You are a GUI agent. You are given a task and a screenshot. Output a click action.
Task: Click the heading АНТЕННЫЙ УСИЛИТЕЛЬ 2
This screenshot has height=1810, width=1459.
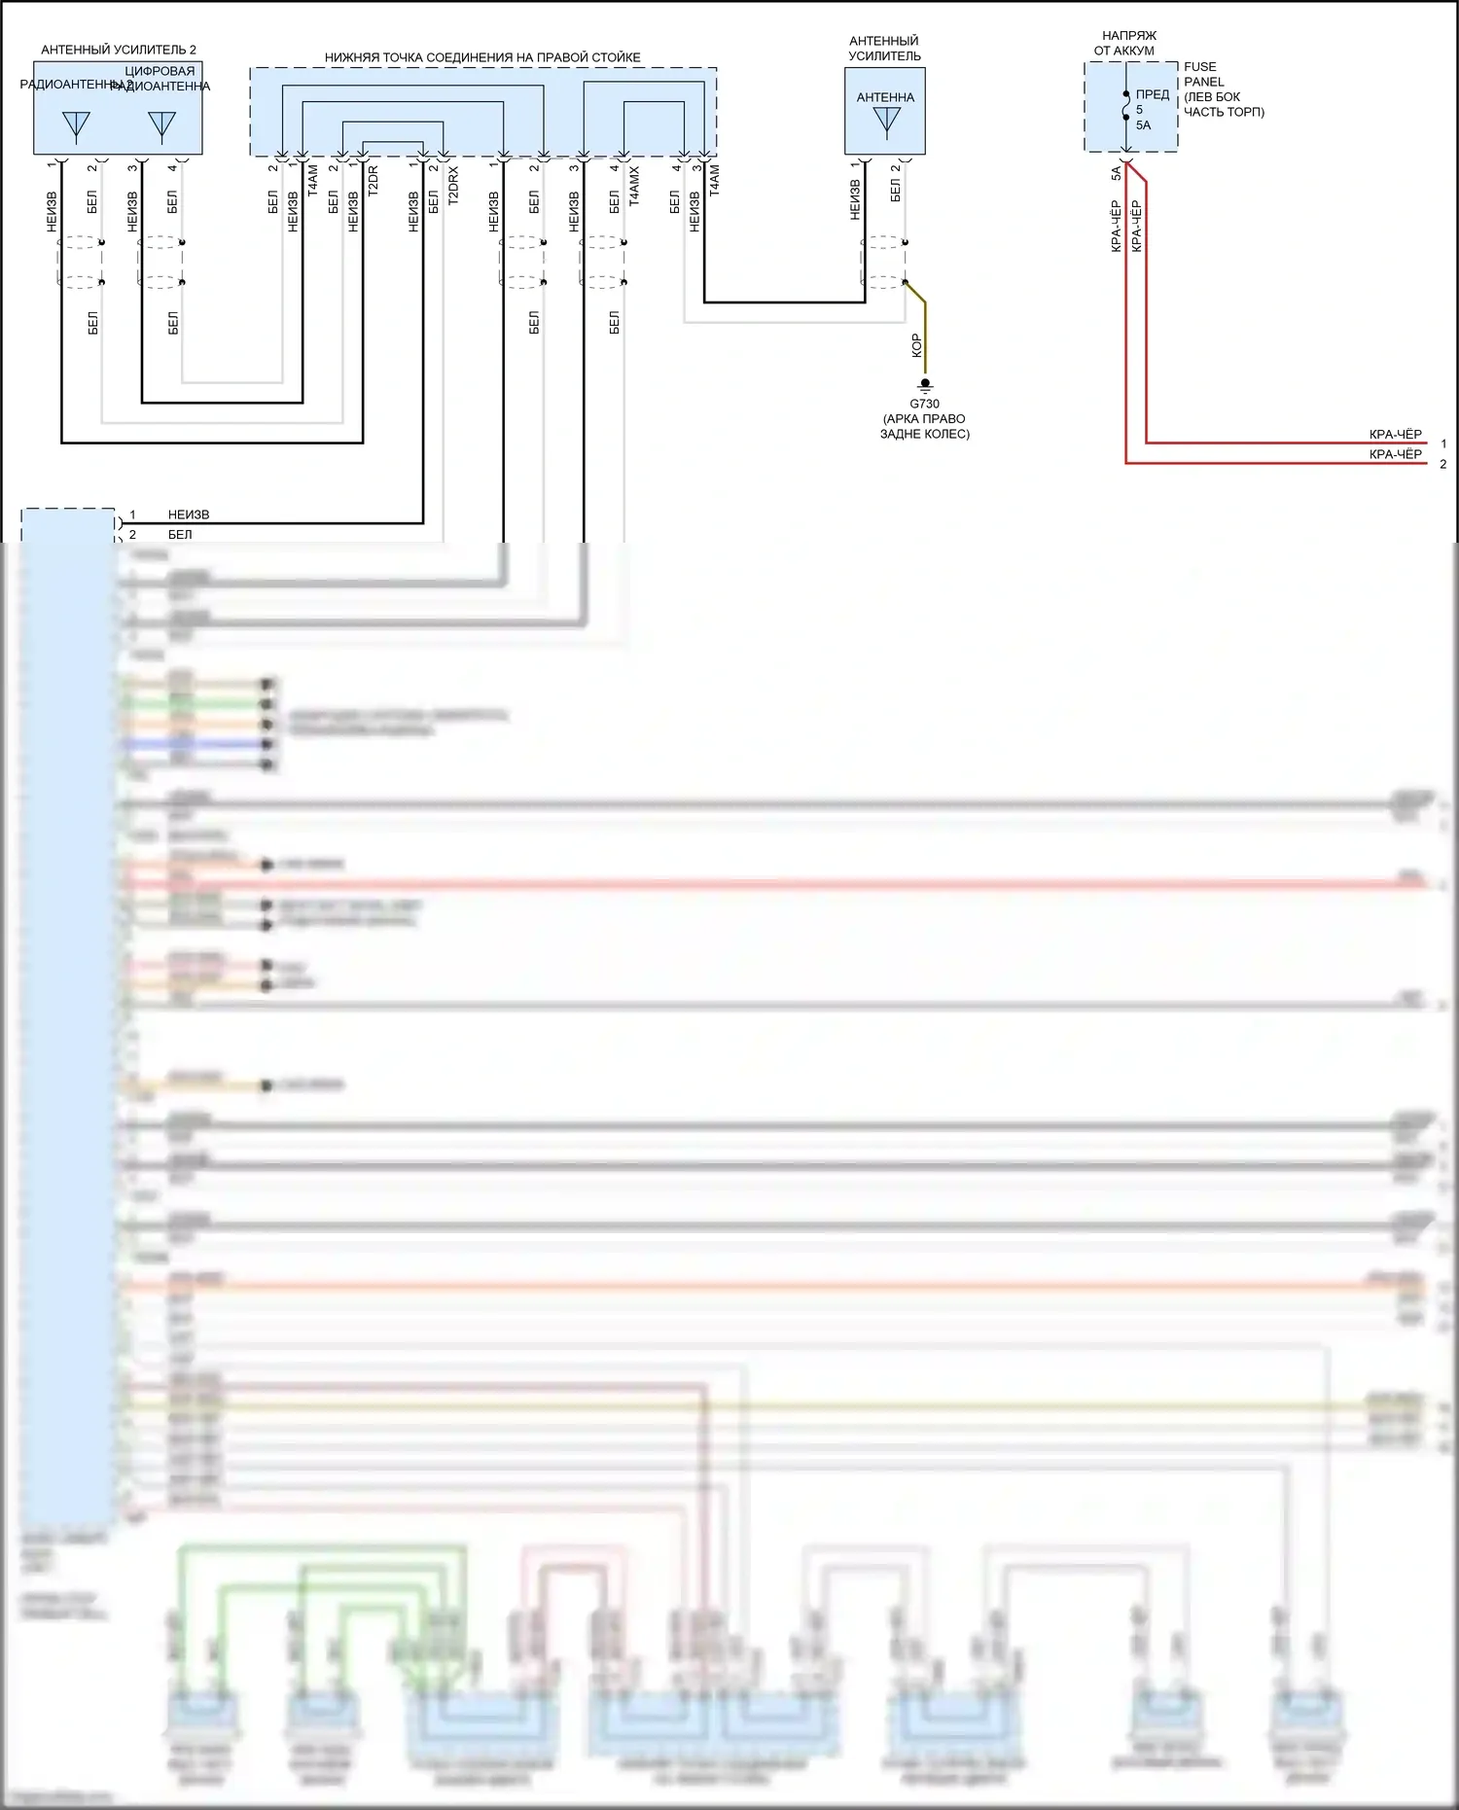click(x=118, y=50)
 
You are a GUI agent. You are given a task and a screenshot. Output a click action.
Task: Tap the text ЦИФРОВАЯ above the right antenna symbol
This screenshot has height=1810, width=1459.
click(x=160, y=71)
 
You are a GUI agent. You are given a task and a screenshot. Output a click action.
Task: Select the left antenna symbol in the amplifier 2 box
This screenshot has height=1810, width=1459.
click(x=76, y=125)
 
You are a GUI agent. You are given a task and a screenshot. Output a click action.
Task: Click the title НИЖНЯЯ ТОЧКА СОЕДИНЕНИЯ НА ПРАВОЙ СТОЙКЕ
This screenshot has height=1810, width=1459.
click(x=482, y=57)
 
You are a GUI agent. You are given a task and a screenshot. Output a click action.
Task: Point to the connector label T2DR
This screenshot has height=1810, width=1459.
click(x=374, y=181)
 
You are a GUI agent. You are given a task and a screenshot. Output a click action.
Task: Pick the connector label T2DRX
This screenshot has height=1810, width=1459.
click(x=453, y=184)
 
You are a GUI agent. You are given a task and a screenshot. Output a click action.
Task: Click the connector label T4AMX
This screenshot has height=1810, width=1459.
click(x=634, y=186)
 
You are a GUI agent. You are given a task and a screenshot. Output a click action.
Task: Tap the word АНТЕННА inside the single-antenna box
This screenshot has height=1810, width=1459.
click(x=885, y=97)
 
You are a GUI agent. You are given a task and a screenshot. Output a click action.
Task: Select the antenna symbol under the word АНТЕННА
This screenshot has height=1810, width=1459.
click(x=886, y=121)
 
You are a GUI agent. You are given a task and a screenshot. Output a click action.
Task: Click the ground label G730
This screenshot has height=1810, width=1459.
click(x=924, y=404)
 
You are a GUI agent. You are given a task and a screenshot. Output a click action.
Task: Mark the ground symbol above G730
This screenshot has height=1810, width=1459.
click(x=925, y=386)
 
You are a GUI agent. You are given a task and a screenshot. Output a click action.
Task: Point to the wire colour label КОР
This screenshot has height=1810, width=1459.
click(x=916, y=346)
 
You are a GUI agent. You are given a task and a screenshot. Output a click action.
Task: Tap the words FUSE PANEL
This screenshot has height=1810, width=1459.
click(x=1203, y=74)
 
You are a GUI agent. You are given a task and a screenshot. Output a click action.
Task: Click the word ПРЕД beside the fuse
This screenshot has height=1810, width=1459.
click(x=1153, y=94)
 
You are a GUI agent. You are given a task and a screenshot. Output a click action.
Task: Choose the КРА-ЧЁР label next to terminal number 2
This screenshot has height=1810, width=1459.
click(x=1395, y=454)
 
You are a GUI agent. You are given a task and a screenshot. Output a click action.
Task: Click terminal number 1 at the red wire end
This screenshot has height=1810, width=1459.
click(x=1443, y=444)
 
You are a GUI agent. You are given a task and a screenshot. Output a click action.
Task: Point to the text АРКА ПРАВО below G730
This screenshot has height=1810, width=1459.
click(x=924, y=419)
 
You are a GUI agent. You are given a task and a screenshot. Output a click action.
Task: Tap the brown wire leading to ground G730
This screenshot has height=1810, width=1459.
click(x=924, y=331)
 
